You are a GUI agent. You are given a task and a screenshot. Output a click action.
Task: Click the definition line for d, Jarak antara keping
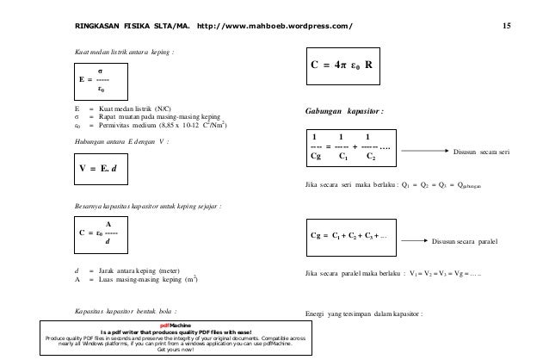pos(129,270)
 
